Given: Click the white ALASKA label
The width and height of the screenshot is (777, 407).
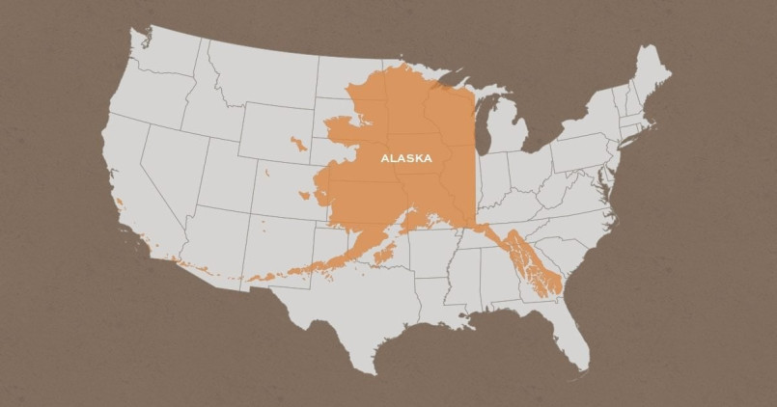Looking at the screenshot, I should tap(406, 156).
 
